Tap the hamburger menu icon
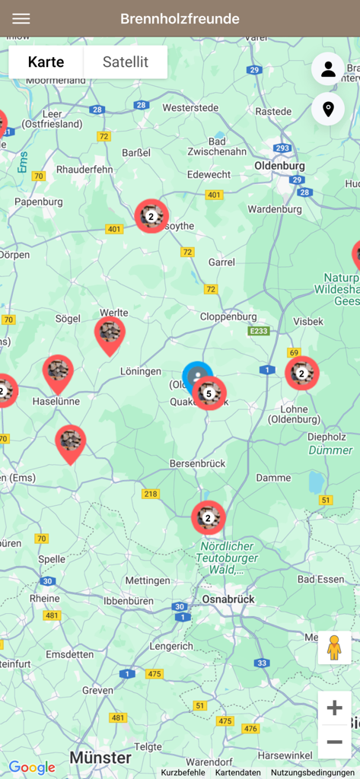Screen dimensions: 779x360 click(x=21, y=19)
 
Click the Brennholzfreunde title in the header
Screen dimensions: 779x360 click(x=180, y=19)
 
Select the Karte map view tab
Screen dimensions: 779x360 click(x=46, y=62)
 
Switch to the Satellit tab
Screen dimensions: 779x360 click(x=126, y=62)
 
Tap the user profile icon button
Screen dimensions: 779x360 click(x=328, y=69)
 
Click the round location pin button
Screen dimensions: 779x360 click(x=328, y=110)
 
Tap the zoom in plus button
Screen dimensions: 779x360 click(x=334, y=708)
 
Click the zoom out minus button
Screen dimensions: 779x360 click(x=334, y=742)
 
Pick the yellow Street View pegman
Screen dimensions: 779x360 click(x=334, y=647)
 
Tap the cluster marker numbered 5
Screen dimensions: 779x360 click(x=209, y=393)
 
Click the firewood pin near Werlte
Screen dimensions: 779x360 click(x=110, y=332)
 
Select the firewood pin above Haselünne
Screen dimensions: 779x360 click(x=58, y=370)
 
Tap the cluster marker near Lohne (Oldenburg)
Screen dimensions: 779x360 click(x=301, y=373)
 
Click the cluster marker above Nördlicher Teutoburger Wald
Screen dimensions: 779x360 click(x=208, y=517)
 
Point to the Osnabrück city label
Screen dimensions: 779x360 click(x=228, y=599)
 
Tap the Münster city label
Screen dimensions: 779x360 click(x=100, y=758)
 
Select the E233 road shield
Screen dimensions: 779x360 click(x=259, y=332)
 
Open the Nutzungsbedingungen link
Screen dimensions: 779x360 click(x=313, y=772)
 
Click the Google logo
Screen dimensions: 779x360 click(x=32, y=768)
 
